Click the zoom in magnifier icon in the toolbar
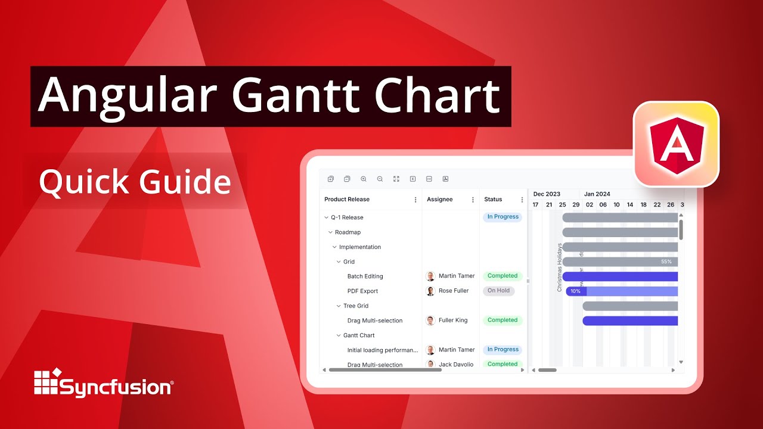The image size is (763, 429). [x=364, y=179]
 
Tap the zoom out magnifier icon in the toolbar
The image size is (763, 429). [x=380, y=179]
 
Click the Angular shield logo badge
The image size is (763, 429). [x=676, y=144]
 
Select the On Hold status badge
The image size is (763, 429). [x=498, y=291]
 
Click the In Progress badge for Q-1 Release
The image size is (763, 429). [x=503, y=217]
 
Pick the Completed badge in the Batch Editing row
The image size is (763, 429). [x=503, y=276]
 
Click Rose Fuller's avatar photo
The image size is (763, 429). [x=430, y=291]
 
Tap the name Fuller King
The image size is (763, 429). [x=453, y=321]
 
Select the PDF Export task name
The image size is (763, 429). [x=362, y=291]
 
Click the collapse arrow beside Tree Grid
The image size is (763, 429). [x=339, y=306]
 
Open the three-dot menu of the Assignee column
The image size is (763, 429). [x=473, y=200]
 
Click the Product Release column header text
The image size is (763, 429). [x=347, y=200]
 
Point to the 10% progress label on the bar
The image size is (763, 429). [x=575, y=291]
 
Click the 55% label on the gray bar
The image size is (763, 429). [x=666, y=262]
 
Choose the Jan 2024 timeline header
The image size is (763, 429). [x=597, y=194]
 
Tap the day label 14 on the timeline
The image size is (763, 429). [x=630, y=205]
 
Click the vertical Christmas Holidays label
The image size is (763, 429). [x=560, y=268]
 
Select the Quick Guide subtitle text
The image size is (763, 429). [x=135, y=181]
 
